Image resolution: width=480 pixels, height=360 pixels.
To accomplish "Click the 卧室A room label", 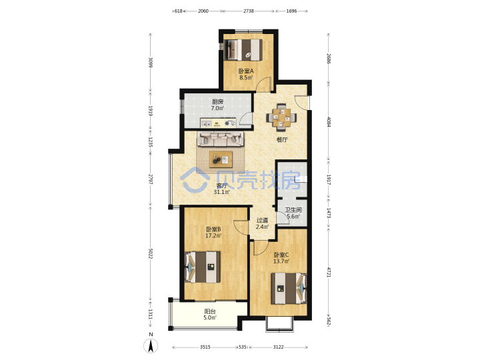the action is click(246, 71).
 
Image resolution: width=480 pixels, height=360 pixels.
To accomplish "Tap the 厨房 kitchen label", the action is click(217, 101).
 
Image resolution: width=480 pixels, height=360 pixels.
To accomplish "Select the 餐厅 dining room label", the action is click(282, 140).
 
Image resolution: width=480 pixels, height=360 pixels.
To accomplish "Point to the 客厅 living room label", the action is click(222, 185).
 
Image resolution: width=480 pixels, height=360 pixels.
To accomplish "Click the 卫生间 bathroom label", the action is click(293, 210).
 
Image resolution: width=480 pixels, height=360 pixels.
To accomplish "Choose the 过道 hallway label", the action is click(263, 220).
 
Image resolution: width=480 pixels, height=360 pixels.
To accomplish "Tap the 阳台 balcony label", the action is click(210, 311).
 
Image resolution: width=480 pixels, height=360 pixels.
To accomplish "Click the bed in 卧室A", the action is click(243, 49).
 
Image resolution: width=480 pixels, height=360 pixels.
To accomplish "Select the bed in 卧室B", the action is click(203, 267).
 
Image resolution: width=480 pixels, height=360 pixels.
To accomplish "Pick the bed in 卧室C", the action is click(289, 289).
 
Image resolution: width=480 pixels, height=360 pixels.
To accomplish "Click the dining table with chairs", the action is click(281, 116).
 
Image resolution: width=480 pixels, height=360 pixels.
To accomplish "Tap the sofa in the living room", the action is click(221, 139).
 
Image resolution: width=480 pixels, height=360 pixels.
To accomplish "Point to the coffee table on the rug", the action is click(221, 159).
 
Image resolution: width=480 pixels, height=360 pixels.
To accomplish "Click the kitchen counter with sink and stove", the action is click(218, 123).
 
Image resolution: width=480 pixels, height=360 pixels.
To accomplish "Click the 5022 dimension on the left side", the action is click(150, 253).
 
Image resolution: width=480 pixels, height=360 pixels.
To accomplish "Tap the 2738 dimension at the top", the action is click(249, 11).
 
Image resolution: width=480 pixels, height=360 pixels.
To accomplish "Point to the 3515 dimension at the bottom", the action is click(205, 347).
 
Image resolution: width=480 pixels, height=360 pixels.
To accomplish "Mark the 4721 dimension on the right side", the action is click(329, 272).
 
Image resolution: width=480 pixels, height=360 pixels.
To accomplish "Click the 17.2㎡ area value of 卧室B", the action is click(213, 236).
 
